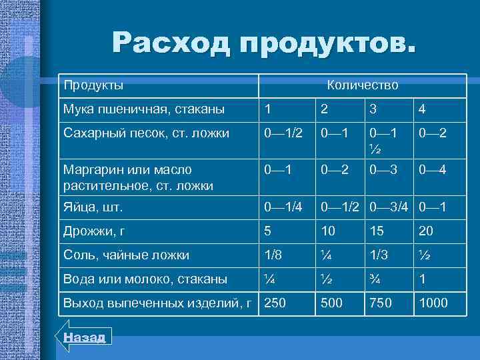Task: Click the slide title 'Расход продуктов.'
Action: pyautogui.click(x=263, y=43)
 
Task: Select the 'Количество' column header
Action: pyautogui.click(x=362, y=85)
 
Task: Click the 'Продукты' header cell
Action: pyautogui.click(x=93, y=85)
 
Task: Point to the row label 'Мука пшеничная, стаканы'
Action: pyautogui.click(x=143, y=108)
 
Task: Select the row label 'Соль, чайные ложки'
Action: pyautogui.click(x=126, y=255)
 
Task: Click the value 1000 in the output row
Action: pyautogui.click(x=433, y=303)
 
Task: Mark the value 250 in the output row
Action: pyautogui.click(x=274, y=303)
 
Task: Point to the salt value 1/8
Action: pyautogui.click(x=272, y=255)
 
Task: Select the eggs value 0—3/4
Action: pyautogui.click(x=389, y=207)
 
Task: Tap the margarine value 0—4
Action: pyautogui.click(x=432, y=169)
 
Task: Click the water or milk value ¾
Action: pyautogui.click(x=372, y=279)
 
